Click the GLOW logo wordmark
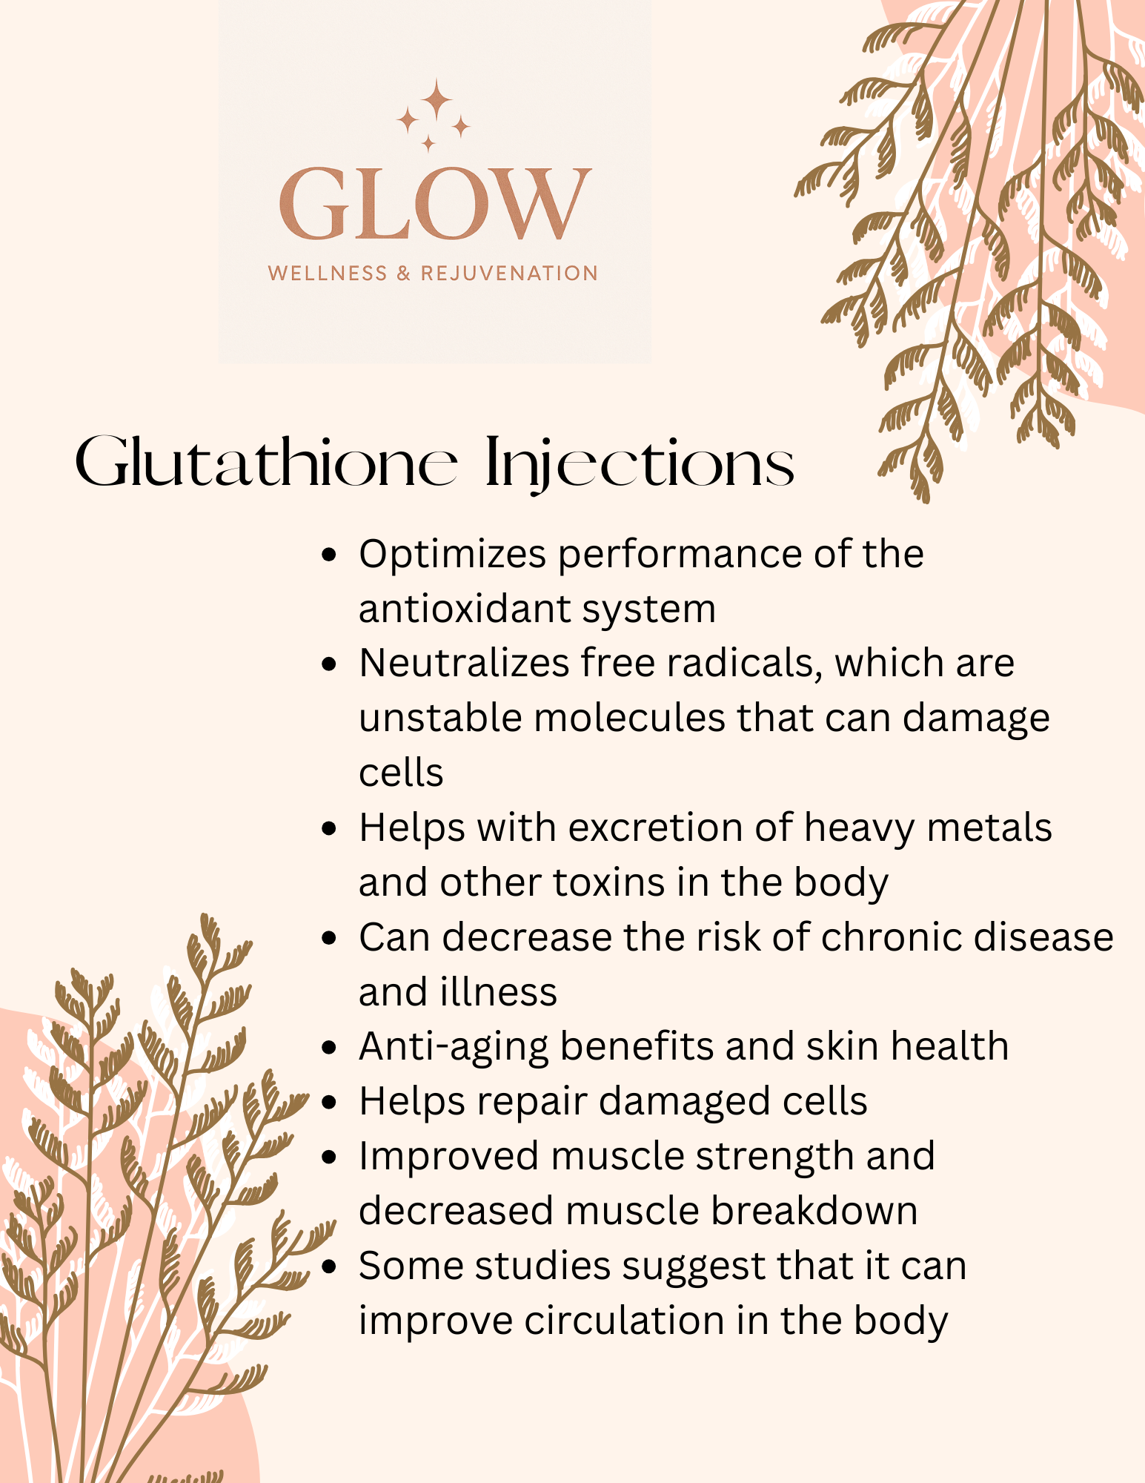point(435,204)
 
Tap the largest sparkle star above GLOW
point(437,99)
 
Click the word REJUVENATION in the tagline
point(509,274)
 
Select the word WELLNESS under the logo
point(328,274)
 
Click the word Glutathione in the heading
point(267,463)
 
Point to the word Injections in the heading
point(640,465)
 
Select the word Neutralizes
point(464,662)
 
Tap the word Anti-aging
point(454,1047)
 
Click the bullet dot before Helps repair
point(330,1103)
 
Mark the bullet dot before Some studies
point(330,1266)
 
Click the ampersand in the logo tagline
point(404,274)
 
